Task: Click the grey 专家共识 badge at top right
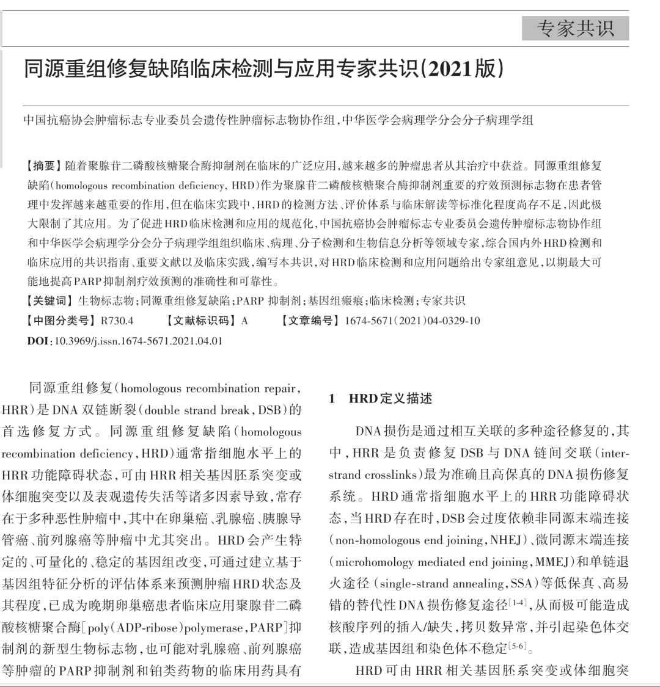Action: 575,29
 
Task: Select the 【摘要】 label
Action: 42,166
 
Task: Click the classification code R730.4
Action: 117,321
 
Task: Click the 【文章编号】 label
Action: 310,321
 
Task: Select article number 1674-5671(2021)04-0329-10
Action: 413,321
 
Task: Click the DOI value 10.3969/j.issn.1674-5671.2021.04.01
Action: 139,341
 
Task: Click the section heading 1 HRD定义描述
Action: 381,399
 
